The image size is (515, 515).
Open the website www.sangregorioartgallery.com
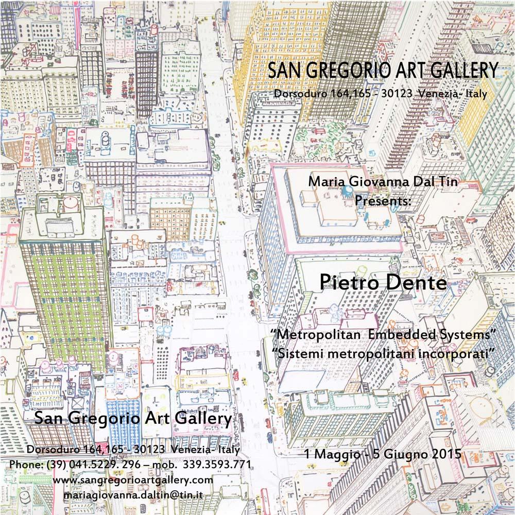pos(133,479)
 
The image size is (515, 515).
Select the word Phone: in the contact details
pos(26,464)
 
